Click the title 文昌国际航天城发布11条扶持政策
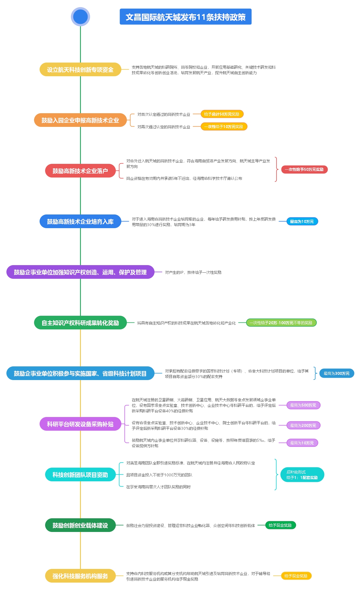tap(185, 17)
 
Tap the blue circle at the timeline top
tap(80, 17)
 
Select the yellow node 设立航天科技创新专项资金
tap(80, 70)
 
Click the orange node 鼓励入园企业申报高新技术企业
tap(80, 120)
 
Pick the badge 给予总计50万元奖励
tap(222, 114)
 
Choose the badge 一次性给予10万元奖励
tap(224, 127)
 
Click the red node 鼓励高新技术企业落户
tap(80, 171)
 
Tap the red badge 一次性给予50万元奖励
tap(304, 169)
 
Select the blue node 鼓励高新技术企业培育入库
tap(80, 221)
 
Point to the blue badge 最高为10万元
tap(302, 221)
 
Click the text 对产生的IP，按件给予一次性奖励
tap(193, 272)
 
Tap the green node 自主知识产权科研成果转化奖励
tap(80, 323)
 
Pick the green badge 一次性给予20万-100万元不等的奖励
tap(281, 323)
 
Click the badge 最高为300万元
tap(337, 373)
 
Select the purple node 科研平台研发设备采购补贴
tap(80, 424)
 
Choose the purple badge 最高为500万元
tap(303, 405)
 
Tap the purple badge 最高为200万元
tap(303, 425)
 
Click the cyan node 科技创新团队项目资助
tap(80, 475)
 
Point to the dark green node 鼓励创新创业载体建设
tap(80, 525)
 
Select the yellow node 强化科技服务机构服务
tap(80, 576)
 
